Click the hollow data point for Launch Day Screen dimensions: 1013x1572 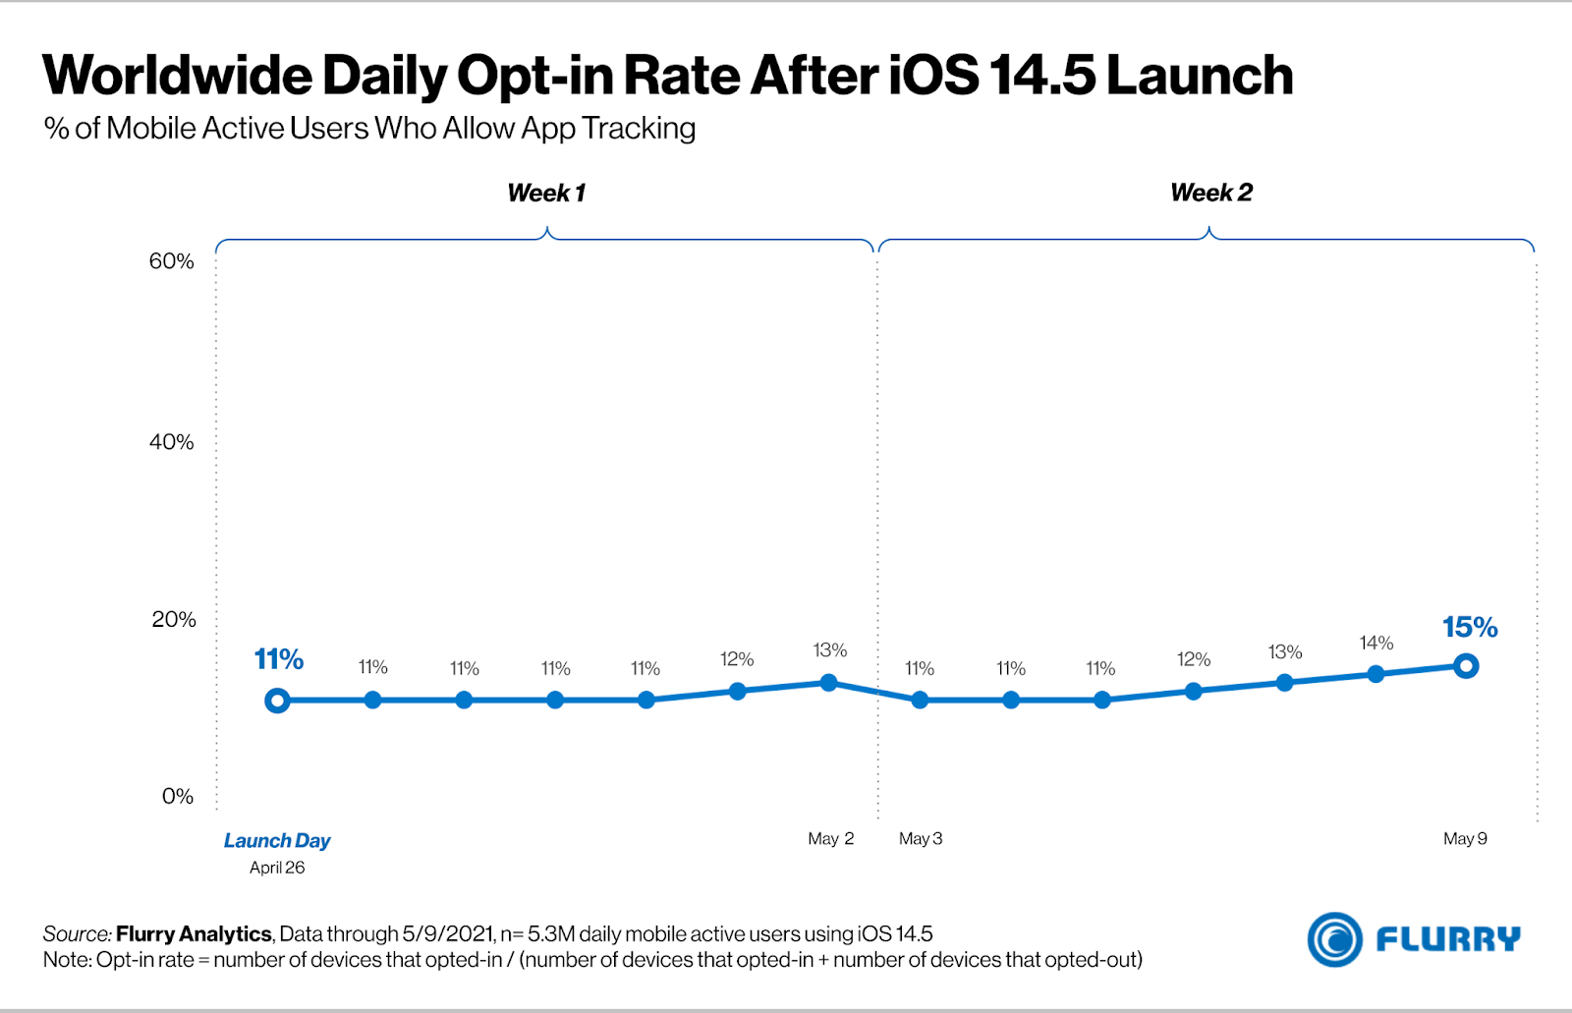tap(277, 701)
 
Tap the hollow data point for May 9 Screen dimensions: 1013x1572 tap(1466, 666)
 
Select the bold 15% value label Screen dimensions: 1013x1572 tap(1469, 627)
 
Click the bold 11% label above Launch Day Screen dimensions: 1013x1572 tap(278, 659)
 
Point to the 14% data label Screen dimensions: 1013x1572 tap(1375, 643)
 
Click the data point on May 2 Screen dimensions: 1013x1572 tap(828, 683)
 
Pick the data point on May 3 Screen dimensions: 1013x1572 tap(920, 701)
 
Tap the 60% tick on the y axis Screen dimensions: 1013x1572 tap(172, 261)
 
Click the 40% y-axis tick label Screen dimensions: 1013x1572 tap(172, 442)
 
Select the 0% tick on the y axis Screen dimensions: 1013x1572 tap(178, 796)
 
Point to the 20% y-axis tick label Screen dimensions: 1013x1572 tap(174, 619)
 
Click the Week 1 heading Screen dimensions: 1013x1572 tap(546, 193)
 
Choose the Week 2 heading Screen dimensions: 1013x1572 tap(1210, 193)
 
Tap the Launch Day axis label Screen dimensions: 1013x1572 tap(277, 840)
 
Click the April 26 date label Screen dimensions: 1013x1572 tap(277, 868)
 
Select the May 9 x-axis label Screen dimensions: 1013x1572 tap(1465, 838)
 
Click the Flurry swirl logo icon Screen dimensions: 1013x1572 tap(1334, 939)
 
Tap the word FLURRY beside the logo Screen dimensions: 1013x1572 tap(1447, 939)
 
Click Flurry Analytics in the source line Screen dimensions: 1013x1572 tap(194, 933)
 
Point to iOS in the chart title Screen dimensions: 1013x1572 tap(933, 76)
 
